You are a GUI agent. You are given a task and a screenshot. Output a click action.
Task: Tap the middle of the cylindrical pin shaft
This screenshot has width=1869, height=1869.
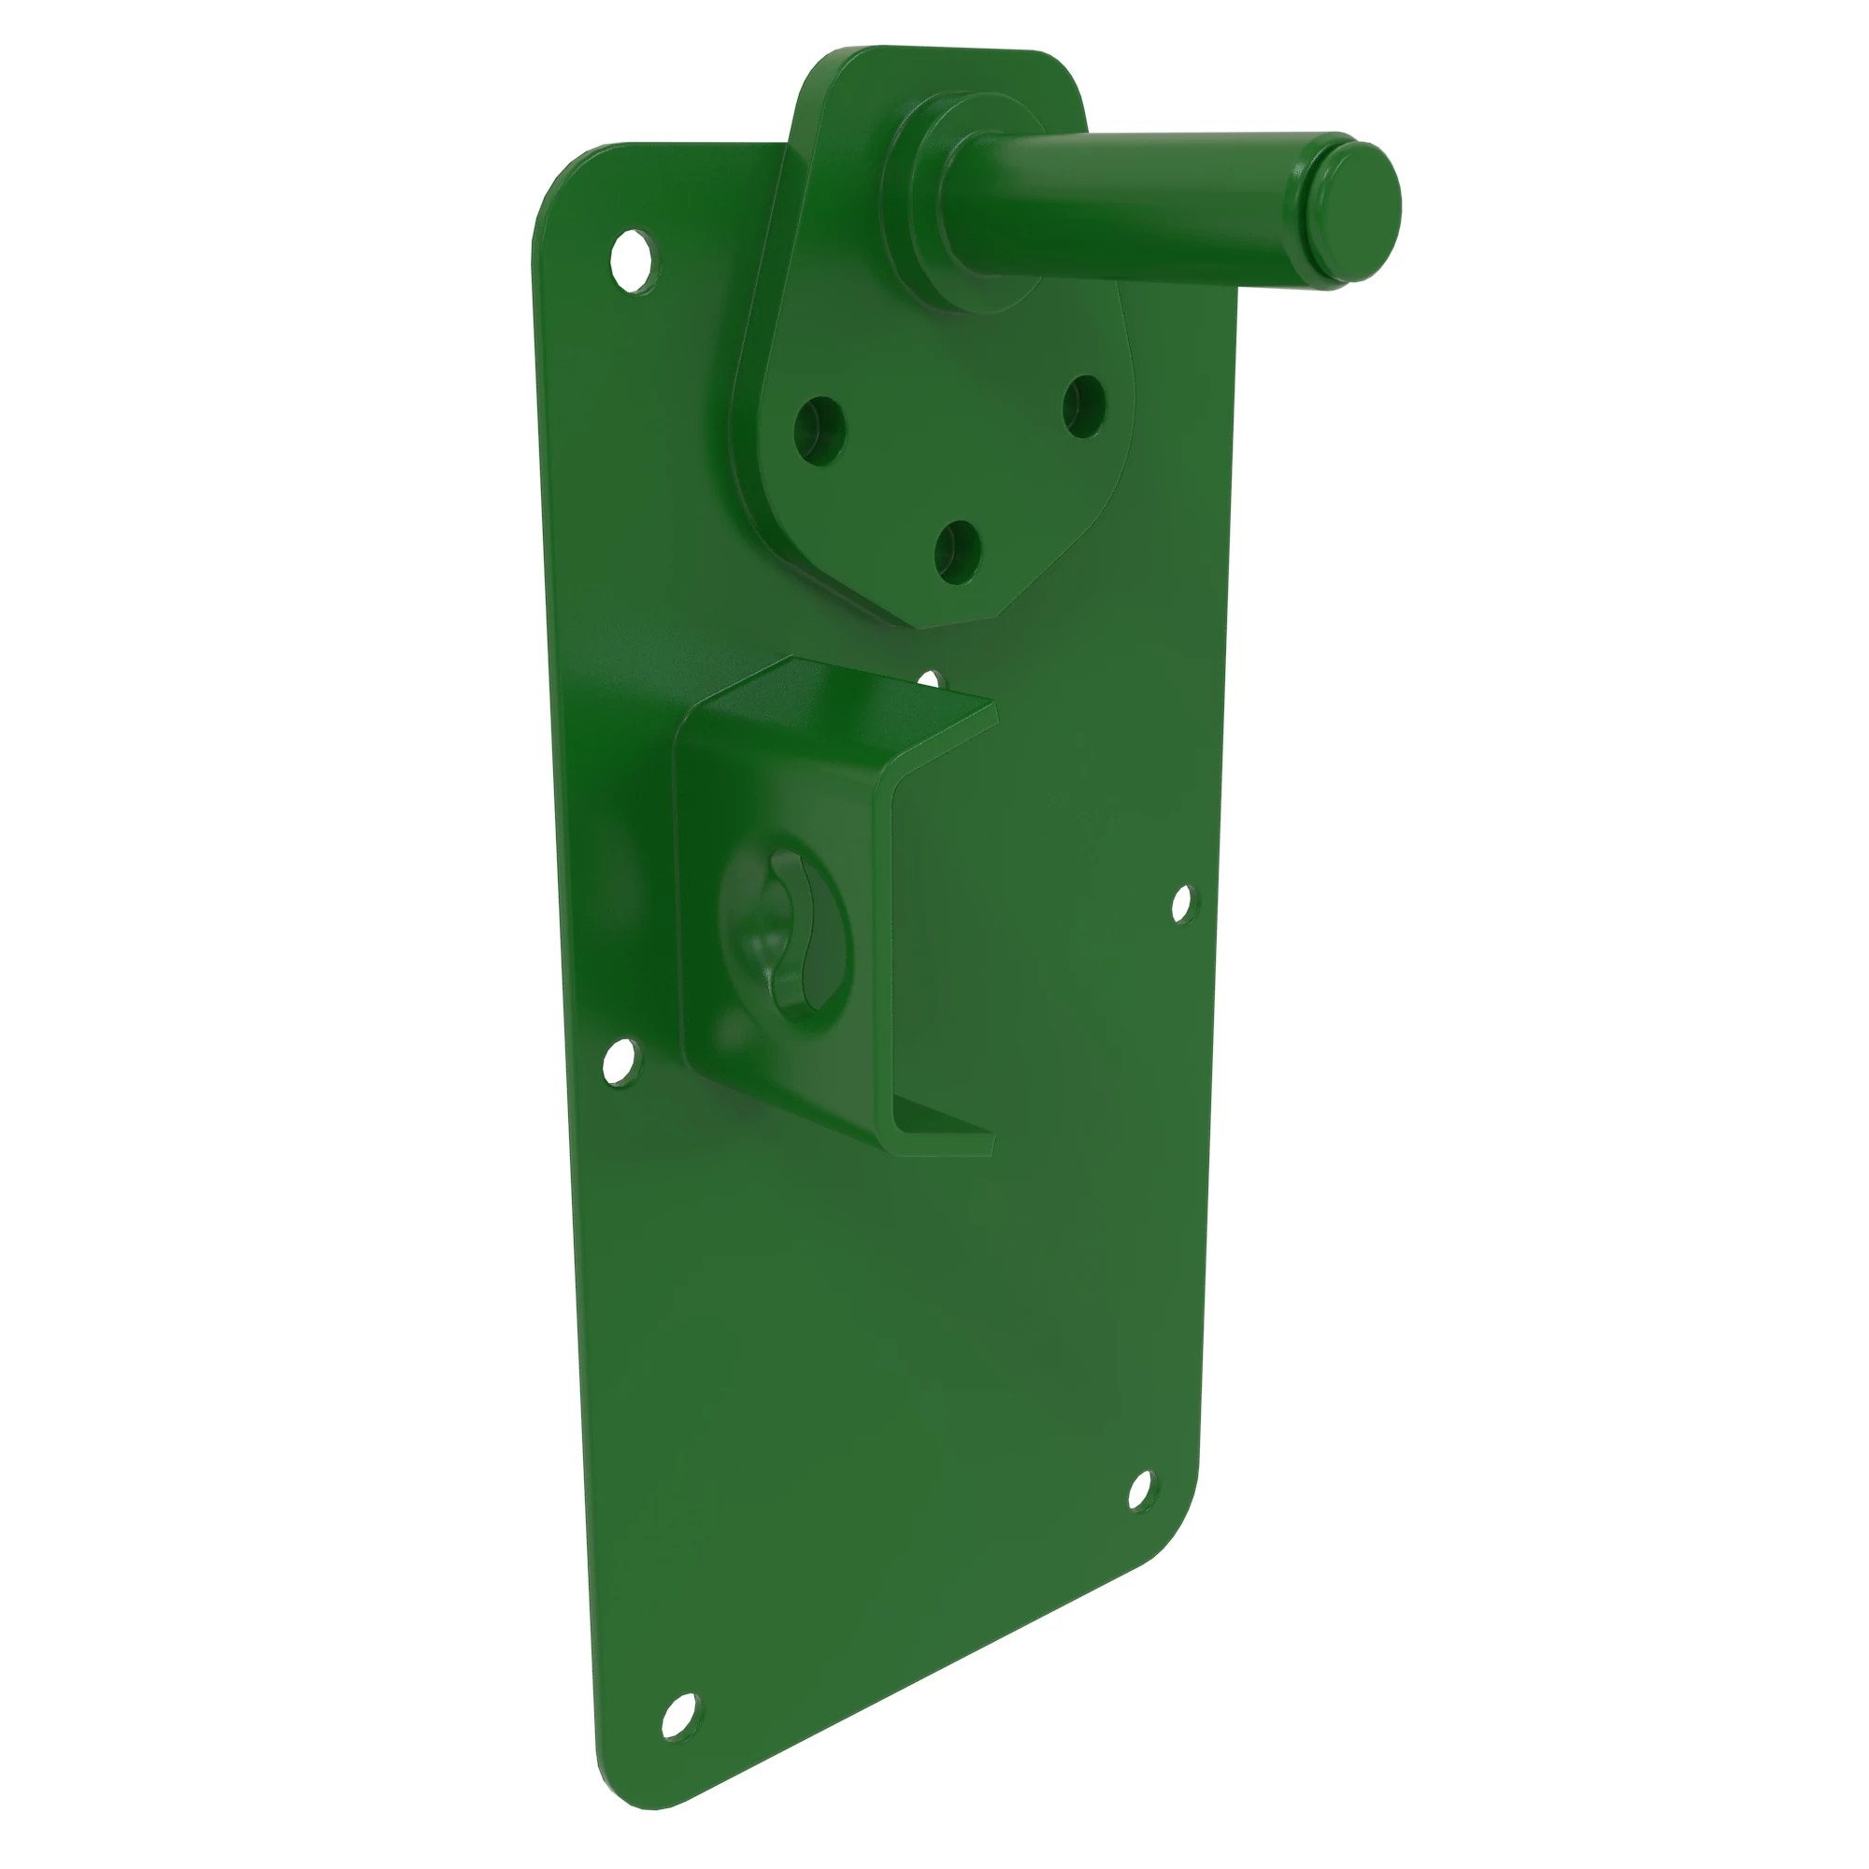1132,203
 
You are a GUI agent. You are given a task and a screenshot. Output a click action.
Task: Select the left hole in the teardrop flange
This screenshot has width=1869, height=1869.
820,430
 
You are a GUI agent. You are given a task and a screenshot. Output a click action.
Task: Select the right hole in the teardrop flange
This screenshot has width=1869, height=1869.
1083,407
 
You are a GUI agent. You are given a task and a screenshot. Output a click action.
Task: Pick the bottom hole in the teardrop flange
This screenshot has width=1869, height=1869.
958,552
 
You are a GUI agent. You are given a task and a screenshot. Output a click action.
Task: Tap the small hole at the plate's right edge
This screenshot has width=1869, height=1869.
1182,905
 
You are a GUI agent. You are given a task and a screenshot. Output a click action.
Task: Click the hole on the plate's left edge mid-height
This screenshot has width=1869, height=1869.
621,1062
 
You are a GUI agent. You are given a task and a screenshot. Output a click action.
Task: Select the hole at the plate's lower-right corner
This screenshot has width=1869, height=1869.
1142,1490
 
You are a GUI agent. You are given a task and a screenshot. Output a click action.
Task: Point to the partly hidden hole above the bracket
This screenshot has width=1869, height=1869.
930,680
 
